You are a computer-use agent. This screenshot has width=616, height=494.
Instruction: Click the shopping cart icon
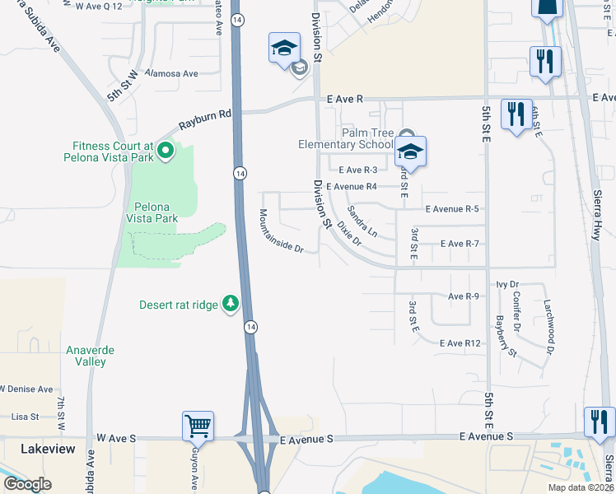click(198, 426)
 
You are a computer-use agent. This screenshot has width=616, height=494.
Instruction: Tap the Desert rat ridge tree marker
click(231, 305)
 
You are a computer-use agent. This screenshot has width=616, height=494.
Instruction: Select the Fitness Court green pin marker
click(166, 151)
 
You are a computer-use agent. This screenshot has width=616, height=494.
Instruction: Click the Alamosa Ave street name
click(171, 73)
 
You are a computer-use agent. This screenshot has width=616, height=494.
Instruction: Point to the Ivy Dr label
click(506, 285)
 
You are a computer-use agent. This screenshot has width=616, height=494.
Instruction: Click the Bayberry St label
click(505, 337)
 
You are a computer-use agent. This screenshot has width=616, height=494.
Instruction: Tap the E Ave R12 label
click(460, 343)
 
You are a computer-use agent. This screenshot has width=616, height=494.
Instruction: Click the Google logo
click(27, 484)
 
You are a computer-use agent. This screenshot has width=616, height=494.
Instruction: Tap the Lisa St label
click(26, 417)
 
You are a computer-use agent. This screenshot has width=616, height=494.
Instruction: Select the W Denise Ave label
click(26, 389)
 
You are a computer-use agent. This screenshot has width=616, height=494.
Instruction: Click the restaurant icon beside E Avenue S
click(598, 422)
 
